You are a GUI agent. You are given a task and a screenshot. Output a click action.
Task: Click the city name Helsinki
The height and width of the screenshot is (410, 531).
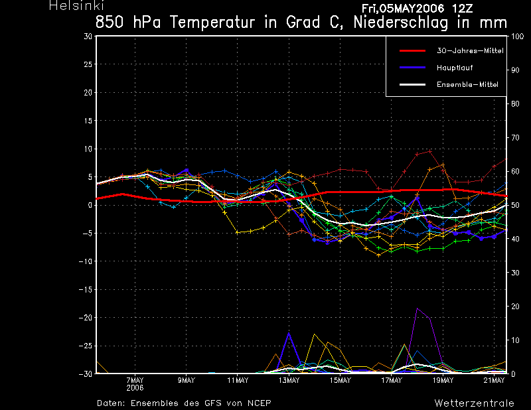76,5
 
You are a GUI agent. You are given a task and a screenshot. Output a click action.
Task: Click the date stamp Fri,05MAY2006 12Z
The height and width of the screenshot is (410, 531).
417,8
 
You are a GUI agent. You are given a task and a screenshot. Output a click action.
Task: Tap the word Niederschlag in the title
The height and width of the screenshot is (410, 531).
402,23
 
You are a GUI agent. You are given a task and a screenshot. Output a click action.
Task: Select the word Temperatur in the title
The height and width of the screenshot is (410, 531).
212,23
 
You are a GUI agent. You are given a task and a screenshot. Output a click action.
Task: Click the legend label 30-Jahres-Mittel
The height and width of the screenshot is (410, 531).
470,50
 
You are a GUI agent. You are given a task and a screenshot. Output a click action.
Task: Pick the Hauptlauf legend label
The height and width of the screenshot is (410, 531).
455,68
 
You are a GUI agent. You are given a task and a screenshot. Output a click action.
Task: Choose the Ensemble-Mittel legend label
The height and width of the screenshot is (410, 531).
467,84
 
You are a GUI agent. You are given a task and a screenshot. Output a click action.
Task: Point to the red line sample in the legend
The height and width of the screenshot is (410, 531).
412,51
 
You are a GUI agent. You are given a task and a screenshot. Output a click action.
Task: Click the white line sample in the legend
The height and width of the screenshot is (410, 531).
412,84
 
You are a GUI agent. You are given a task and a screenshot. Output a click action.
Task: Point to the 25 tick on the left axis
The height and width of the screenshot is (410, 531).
88,64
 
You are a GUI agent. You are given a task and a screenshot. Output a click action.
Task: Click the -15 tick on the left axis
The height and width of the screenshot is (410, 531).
86,289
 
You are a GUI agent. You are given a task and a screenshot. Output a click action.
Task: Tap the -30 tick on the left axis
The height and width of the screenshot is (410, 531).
86,374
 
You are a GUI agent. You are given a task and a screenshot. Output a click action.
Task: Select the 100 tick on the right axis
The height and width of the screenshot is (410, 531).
517,36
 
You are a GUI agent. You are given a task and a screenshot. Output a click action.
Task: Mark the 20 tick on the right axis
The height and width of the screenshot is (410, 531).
515,307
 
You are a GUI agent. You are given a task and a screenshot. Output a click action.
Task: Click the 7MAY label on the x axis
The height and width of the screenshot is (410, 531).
135,380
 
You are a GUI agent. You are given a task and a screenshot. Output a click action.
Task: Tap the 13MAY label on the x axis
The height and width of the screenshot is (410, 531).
289,380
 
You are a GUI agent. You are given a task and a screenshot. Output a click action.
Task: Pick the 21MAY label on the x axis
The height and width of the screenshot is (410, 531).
494,380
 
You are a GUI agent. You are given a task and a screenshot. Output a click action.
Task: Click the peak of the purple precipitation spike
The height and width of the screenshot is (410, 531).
417,308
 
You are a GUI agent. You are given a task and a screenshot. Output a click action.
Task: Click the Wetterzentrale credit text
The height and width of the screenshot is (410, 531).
474,403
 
